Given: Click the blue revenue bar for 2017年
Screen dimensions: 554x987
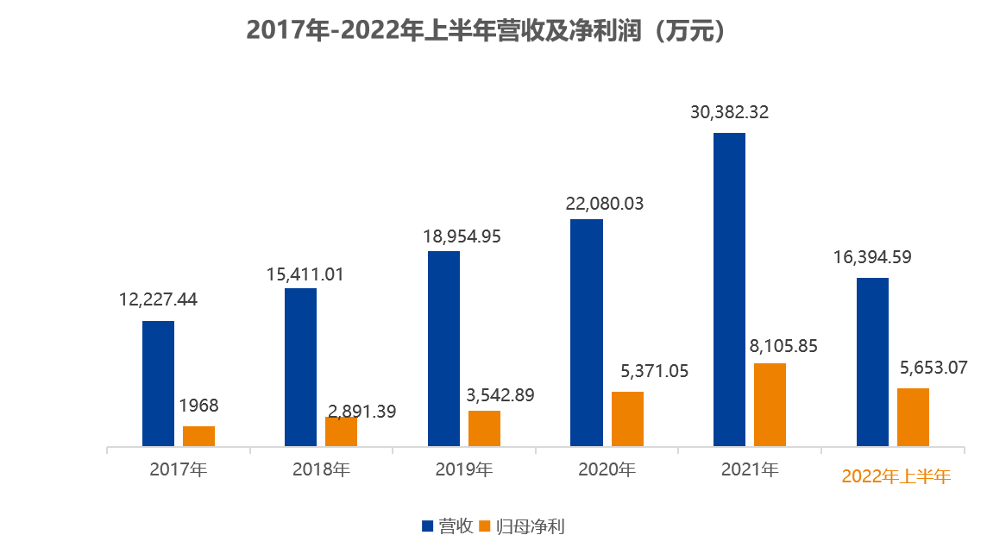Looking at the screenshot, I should pyautogui.click(x=158, y=384).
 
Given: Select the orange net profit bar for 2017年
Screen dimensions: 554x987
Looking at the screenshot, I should pyautogui.click(x=198, y=437).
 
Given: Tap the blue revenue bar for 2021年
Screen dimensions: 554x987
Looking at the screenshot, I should pyautogui.click(x=729, y=290).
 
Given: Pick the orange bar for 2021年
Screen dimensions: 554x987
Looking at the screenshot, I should pyautogui.click(x=770, y=405).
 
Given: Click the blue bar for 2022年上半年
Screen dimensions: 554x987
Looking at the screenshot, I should pyautogui.click(x=872, y=362).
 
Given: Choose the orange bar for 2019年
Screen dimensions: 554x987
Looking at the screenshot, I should pyautogui.click(x=484, y=429).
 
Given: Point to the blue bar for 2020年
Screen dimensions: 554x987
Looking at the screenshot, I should pyautogui.click(x=587, y=333).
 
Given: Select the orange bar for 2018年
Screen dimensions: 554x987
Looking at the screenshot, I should pyautogui.click(x=341, y=431).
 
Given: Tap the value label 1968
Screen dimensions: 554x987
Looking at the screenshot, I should pyautogui.click(x=198, y=406).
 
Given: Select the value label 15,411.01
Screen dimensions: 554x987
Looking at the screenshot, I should pyautogui.click(x=305, y=275).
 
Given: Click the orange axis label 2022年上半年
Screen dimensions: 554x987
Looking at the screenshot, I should pyautogui.click(x=896, y=476).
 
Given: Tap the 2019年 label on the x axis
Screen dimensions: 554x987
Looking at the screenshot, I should pyautogui.click(x=463, y=470).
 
